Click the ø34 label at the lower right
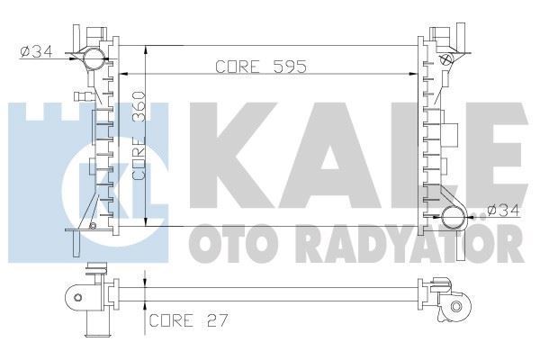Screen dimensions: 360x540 coord(505,212)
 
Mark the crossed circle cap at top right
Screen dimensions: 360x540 coord(445,58)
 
